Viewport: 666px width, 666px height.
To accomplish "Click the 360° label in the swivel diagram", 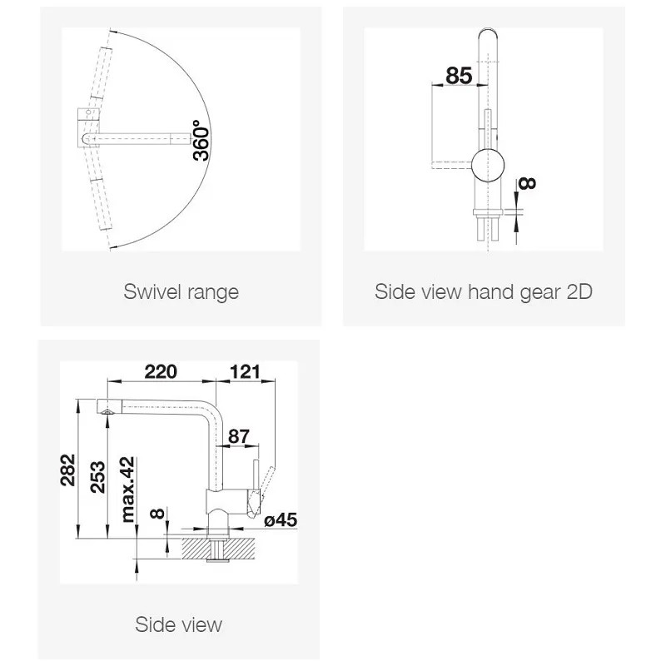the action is click(x=201, y=141).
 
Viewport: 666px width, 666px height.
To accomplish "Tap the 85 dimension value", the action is click(x=459, y=76).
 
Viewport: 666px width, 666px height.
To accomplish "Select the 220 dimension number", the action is click(x=161, y=371).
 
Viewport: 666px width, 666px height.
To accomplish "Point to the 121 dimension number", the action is click(x=245, y=371).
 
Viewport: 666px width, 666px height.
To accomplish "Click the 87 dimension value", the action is click(x=239, y=435).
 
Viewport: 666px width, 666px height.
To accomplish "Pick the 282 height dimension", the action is click(x=68, y=470).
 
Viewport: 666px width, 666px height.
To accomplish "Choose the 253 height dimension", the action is click(x=97, y=477).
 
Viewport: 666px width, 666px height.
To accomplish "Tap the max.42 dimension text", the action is click(x=127, y=490).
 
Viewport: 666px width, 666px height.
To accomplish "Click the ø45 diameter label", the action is click(x=281, y=519).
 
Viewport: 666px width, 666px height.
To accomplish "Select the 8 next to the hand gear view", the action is click(x=527, y=183).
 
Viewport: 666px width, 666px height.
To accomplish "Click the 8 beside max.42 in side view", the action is click(x=157, y=514).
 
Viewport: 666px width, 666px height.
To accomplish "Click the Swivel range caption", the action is click(x=181, y=292).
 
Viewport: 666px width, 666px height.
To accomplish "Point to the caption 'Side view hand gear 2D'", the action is click(x=484, y=292).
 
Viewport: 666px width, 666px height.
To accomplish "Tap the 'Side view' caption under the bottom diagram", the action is click(x=179, y=624).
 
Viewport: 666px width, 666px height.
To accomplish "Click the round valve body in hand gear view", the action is click(x=488, y=165).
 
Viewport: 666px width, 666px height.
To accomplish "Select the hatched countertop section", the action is click(x=218, y=548).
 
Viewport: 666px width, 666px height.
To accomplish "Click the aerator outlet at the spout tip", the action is click(x=107, y=411).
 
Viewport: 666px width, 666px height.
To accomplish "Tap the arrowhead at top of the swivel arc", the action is click(x=112, y=31).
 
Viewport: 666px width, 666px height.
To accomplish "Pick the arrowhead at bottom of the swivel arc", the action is click(x=112, y=246).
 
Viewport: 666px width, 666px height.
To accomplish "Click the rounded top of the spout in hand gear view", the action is click(x=488, y=34).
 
